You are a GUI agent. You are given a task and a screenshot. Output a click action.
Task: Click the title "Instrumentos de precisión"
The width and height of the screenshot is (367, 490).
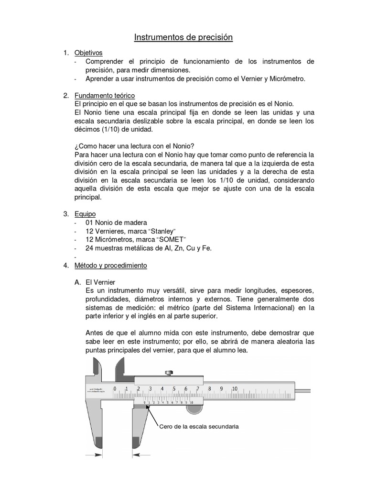(183, 37)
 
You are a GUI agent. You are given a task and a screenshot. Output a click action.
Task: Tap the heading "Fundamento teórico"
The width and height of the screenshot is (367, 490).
(105, 96)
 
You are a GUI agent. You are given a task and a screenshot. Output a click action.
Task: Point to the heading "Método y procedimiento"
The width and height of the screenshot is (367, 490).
(111, 265)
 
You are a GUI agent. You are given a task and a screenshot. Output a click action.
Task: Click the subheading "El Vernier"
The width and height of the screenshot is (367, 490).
(101, 282)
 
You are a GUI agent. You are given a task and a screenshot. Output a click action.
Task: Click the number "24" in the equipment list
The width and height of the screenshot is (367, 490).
(90, 248)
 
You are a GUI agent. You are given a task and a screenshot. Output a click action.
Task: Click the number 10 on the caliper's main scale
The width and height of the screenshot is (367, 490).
(235, 389)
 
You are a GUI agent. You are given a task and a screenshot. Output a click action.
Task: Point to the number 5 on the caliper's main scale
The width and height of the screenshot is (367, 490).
(174, 389)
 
